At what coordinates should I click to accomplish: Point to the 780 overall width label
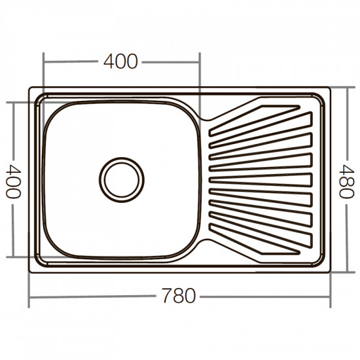click(178, 296)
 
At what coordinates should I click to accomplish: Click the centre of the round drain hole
click(122, 177)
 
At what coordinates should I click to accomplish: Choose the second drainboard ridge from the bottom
click(262, 226)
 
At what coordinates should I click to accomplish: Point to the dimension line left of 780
click(92, 297)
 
